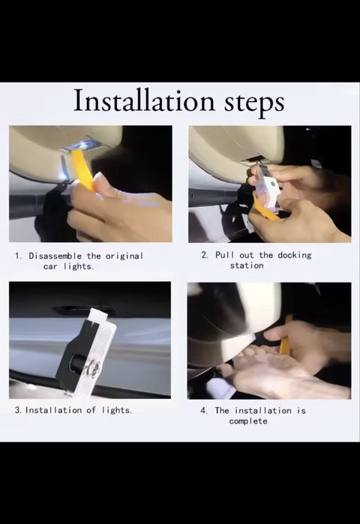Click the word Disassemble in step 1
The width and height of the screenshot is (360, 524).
pyautogui.click(x=55, y=256)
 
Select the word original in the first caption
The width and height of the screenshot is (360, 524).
pyautogui.click(x=124, y=256)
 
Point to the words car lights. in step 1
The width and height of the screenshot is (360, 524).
pyautogui.click(x=68, y=266)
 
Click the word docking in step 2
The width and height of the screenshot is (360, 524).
pyautogui.click(x=295, y=256)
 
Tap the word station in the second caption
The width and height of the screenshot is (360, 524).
pyautogui.click(x=247, y=265)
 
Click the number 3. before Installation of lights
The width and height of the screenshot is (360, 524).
pyautogui.click(x=19, y=410)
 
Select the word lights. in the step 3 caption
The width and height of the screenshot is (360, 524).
pyautogui.click(x=117, y=410)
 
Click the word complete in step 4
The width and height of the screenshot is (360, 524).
pyautogui.click(x=248, y=421)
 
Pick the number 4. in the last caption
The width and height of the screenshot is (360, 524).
pyautogui.click(x=204, y=410)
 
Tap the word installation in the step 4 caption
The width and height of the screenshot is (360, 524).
pyautogui.click(x=263, y=410)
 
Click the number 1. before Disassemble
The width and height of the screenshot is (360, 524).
pyautogui.click(x=19, y=256)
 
